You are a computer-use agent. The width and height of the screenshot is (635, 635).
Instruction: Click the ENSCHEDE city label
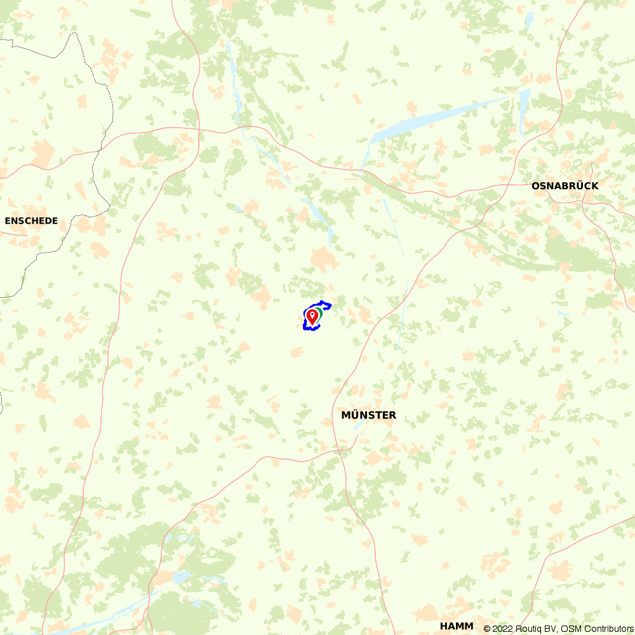[x=31, y=221]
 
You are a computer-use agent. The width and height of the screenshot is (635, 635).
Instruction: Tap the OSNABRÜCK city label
[x=565, y=186]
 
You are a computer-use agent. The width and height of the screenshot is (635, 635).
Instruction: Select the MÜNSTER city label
[x=368, y=415]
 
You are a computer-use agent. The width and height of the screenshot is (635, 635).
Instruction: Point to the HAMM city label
[x=457, y=626]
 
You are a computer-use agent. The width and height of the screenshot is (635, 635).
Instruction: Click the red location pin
[x=312, y=316]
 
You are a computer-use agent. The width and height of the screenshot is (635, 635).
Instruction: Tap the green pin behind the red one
[x=319, y=312]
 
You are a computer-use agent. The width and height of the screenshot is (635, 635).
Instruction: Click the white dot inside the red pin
[x=312, y=314]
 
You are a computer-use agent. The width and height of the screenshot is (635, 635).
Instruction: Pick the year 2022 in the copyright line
[x=504, y=629]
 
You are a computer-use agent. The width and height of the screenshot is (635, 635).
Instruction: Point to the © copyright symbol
[x=487, y=629]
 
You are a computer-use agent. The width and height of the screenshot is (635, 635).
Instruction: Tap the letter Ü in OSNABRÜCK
[x=582, y=186]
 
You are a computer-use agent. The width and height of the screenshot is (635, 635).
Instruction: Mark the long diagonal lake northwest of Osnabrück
[x=438, y=117]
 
